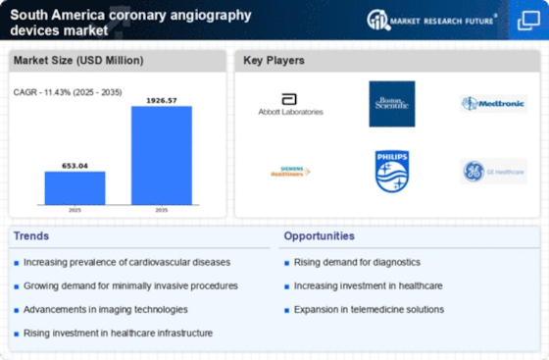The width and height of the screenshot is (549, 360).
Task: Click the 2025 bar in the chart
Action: click(x=75, y=187)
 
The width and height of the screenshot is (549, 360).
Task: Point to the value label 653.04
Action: click(x=75, y=165)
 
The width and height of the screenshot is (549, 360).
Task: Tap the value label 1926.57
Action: click(x=162, y=100)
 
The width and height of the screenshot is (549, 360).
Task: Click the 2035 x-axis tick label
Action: click(x=162, y=211)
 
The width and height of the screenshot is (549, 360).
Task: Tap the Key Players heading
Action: click(x=274, y=61)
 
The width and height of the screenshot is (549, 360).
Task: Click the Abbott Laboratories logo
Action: click(x=289, y=105)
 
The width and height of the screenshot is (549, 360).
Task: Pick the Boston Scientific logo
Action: click(x=391, y=103)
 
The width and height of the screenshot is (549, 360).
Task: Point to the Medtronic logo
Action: click(x=493, y=104)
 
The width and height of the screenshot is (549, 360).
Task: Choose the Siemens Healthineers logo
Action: click(x=289, y=172)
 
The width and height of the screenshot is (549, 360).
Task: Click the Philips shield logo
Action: click(x=391, y=171)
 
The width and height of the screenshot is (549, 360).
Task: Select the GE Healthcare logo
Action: click(x=493, y=172)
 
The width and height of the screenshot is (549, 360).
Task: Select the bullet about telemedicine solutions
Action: click(x=368, y=309)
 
